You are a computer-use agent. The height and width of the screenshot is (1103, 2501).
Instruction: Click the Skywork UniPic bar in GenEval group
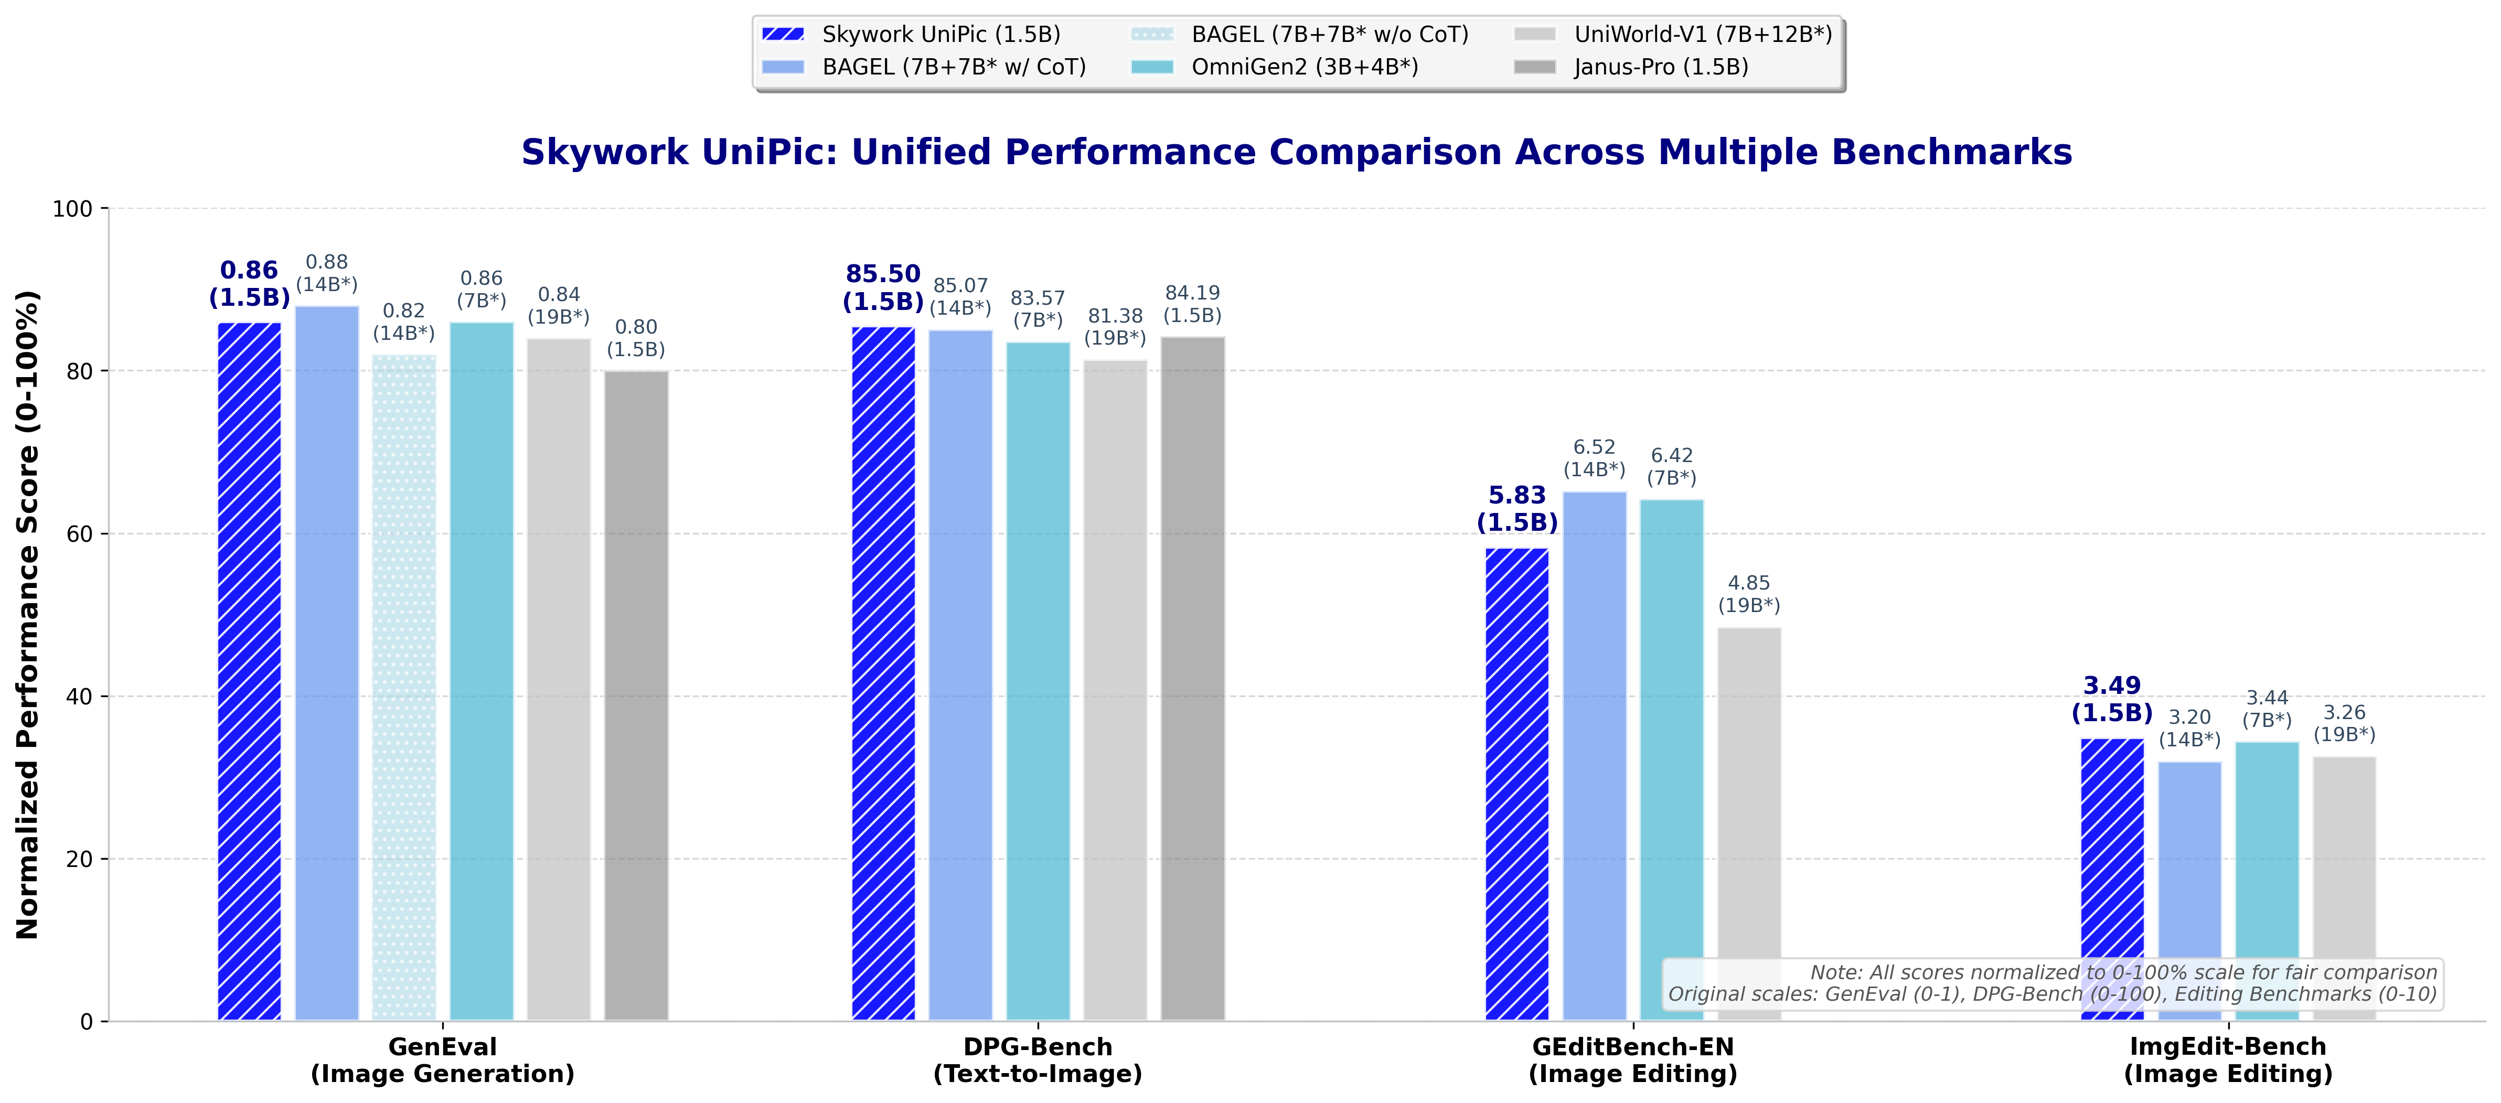pos(250,670)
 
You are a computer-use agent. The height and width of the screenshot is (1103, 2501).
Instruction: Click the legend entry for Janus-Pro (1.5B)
pos(1660,67)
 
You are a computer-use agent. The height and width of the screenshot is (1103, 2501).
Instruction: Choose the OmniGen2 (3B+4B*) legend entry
pos(1304,67)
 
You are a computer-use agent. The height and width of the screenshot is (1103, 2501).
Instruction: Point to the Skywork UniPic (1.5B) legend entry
pos(940,35)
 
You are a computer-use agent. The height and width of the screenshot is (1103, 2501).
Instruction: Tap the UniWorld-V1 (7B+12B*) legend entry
pos(1702,35)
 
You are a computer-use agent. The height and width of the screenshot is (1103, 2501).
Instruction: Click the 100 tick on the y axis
pos(73,209)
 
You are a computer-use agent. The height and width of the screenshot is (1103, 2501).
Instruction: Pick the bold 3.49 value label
pos(2112,686)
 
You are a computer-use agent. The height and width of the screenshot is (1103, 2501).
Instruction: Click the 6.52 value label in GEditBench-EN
pos(1594,447)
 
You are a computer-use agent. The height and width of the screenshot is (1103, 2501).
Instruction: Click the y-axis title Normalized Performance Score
pos(27,614)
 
